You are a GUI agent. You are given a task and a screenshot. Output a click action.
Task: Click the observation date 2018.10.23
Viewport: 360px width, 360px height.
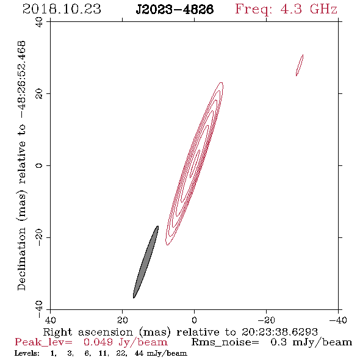point(62,9)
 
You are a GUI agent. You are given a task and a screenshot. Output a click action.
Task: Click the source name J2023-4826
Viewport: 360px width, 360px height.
point(175,10)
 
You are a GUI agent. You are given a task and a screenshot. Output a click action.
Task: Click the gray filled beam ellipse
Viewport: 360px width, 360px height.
point(146,262)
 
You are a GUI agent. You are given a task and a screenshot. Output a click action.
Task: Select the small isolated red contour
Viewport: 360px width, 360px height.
point(300,65)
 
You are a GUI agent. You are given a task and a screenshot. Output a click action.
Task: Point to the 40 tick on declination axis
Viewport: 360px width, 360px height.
point(39,22)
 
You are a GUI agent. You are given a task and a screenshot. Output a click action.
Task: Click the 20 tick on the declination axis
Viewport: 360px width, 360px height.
point(39,94)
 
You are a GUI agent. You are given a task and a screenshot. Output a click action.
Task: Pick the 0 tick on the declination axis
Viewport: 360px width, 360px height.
point(39,165)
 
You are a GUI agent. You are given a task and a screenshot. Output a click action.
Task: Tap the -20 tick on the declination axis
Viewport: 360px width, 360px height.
point(39,237)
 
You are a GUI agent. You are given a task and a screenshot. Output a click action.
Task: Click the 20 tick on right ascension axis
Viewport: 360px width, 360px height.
point(123,320)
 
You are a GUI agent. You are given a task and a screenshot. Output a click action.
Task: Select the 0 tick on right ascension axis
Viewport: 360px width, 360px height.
point(194,320)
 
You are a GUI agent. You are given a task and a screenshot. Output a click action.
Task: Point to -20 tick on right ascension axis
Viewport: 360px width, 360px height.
point(266,320)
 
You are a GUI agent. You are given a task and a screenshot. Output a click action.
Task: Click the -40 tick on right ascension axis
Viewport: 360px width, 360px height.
point(338,320)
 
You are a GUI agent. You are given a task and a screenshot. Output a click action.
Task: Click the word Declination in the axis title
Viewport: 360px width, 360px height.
point(21,259)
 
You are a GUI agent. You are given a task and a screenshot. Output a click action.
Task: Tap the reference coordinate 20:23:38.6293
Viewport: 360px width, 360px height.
point(279,332)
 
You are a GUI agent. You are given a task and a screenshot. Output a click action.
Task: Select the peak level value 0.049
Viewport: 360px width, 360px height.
point(98,342)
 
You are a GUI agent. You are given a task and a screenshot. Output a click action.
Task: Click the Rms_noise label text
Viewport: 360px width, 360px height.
point(225,342)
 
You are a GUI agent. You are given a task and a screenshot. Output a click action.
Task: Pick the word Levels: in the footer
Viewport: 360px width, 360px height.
point(27,353)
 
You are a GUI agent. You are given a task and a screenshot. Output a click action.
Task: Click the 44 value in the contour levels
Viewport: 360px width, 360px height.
point(139,353)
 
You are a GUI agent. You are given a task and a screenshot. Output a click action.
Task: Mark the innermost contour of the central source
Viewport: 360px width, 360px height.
point(195,164)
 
